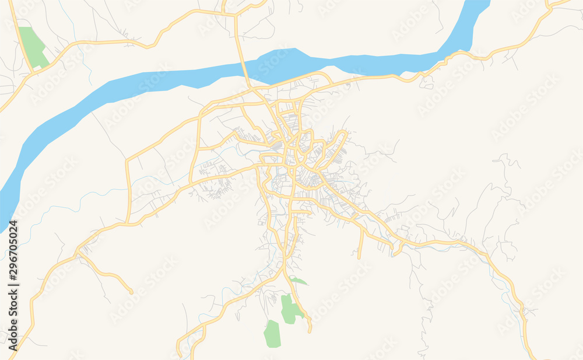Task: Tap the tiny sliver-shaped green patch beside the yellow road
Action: [298, 281]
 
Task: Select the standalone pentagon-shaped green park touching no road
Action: [272, 333]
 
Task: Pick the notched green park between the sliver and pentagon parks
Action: [290, 309]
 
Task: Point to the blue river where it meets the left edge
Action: [2, 207]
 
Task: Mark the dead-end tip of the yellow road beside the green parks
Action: [310, 331]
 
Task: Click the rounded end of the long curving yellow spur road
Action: [131, 292]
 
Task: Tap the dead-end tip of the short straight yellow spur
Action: [359, 257]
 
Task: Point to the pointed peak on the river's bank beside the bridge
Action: [295, 49]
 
